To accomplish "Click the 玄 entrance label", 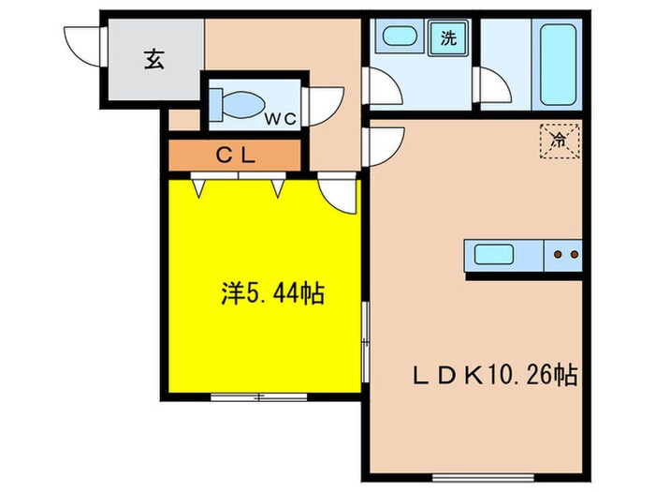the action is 154,59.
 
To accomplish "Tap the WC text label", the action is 281,119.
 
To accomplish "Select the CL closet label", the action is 235,156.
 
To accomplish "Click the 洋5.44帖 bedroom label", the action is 273,293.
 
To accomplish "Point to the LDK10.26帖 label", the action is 495,376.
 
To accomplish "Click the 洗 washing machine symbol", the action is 448,38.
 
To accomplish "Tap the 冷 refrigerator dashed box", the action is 560,141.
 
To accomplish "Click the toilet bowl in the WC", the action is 238,103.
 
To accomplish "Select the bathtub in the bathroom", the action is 558,65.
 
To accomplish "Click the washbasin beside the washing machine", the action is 400,36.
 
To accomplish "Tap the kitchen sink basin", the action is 494,254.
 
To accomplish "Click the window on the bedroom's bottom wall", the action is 258,397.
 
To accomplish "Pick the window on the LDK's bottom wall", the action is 483,477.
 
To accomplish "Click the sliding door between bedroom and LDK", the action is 366,341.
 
